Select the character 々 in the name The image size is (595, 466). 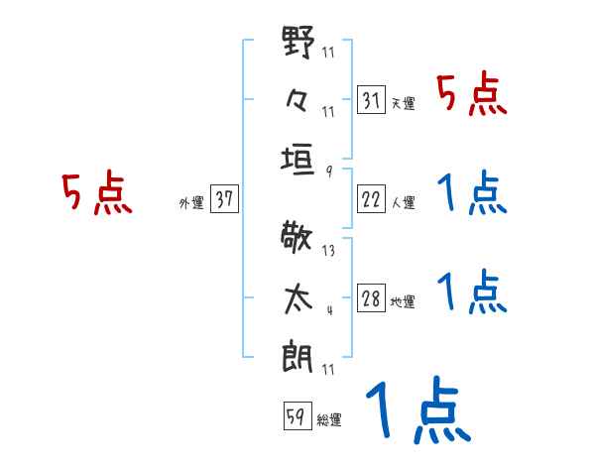(298, 100)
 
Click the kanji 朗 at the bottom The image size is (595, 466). (298, 352)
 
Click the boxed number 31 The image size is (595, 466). (372, 100)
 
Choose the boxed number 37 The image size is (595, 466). (224, 200)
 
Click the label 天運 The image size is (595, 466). (403, 104)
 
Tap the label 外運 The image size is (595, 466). (191, 203)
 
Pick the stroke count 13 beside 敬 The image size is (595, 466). (329, 251)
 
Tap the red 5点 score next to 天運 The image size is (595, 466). (472, 94)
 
